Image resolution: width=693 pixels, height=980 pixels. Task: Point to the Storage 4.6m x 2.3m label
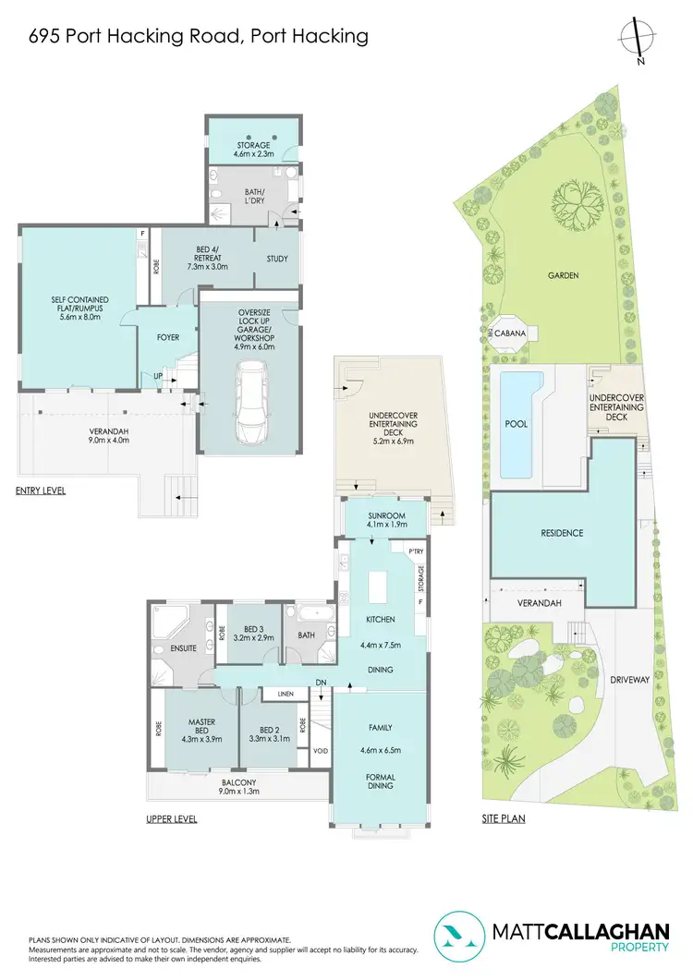[x=251, y=151]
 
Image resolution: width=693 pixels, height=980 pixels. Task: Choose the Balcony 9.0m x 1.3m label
[x=237, y=785]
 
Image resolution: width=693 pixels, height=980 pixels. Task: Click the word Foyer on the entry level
[x=167, y=337]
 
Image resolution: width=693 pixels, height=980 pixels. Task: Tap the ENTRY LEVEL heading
[x=42, y=490]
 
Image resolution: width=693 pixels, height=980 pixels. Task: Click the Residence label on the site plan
[x=562, y=533]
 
